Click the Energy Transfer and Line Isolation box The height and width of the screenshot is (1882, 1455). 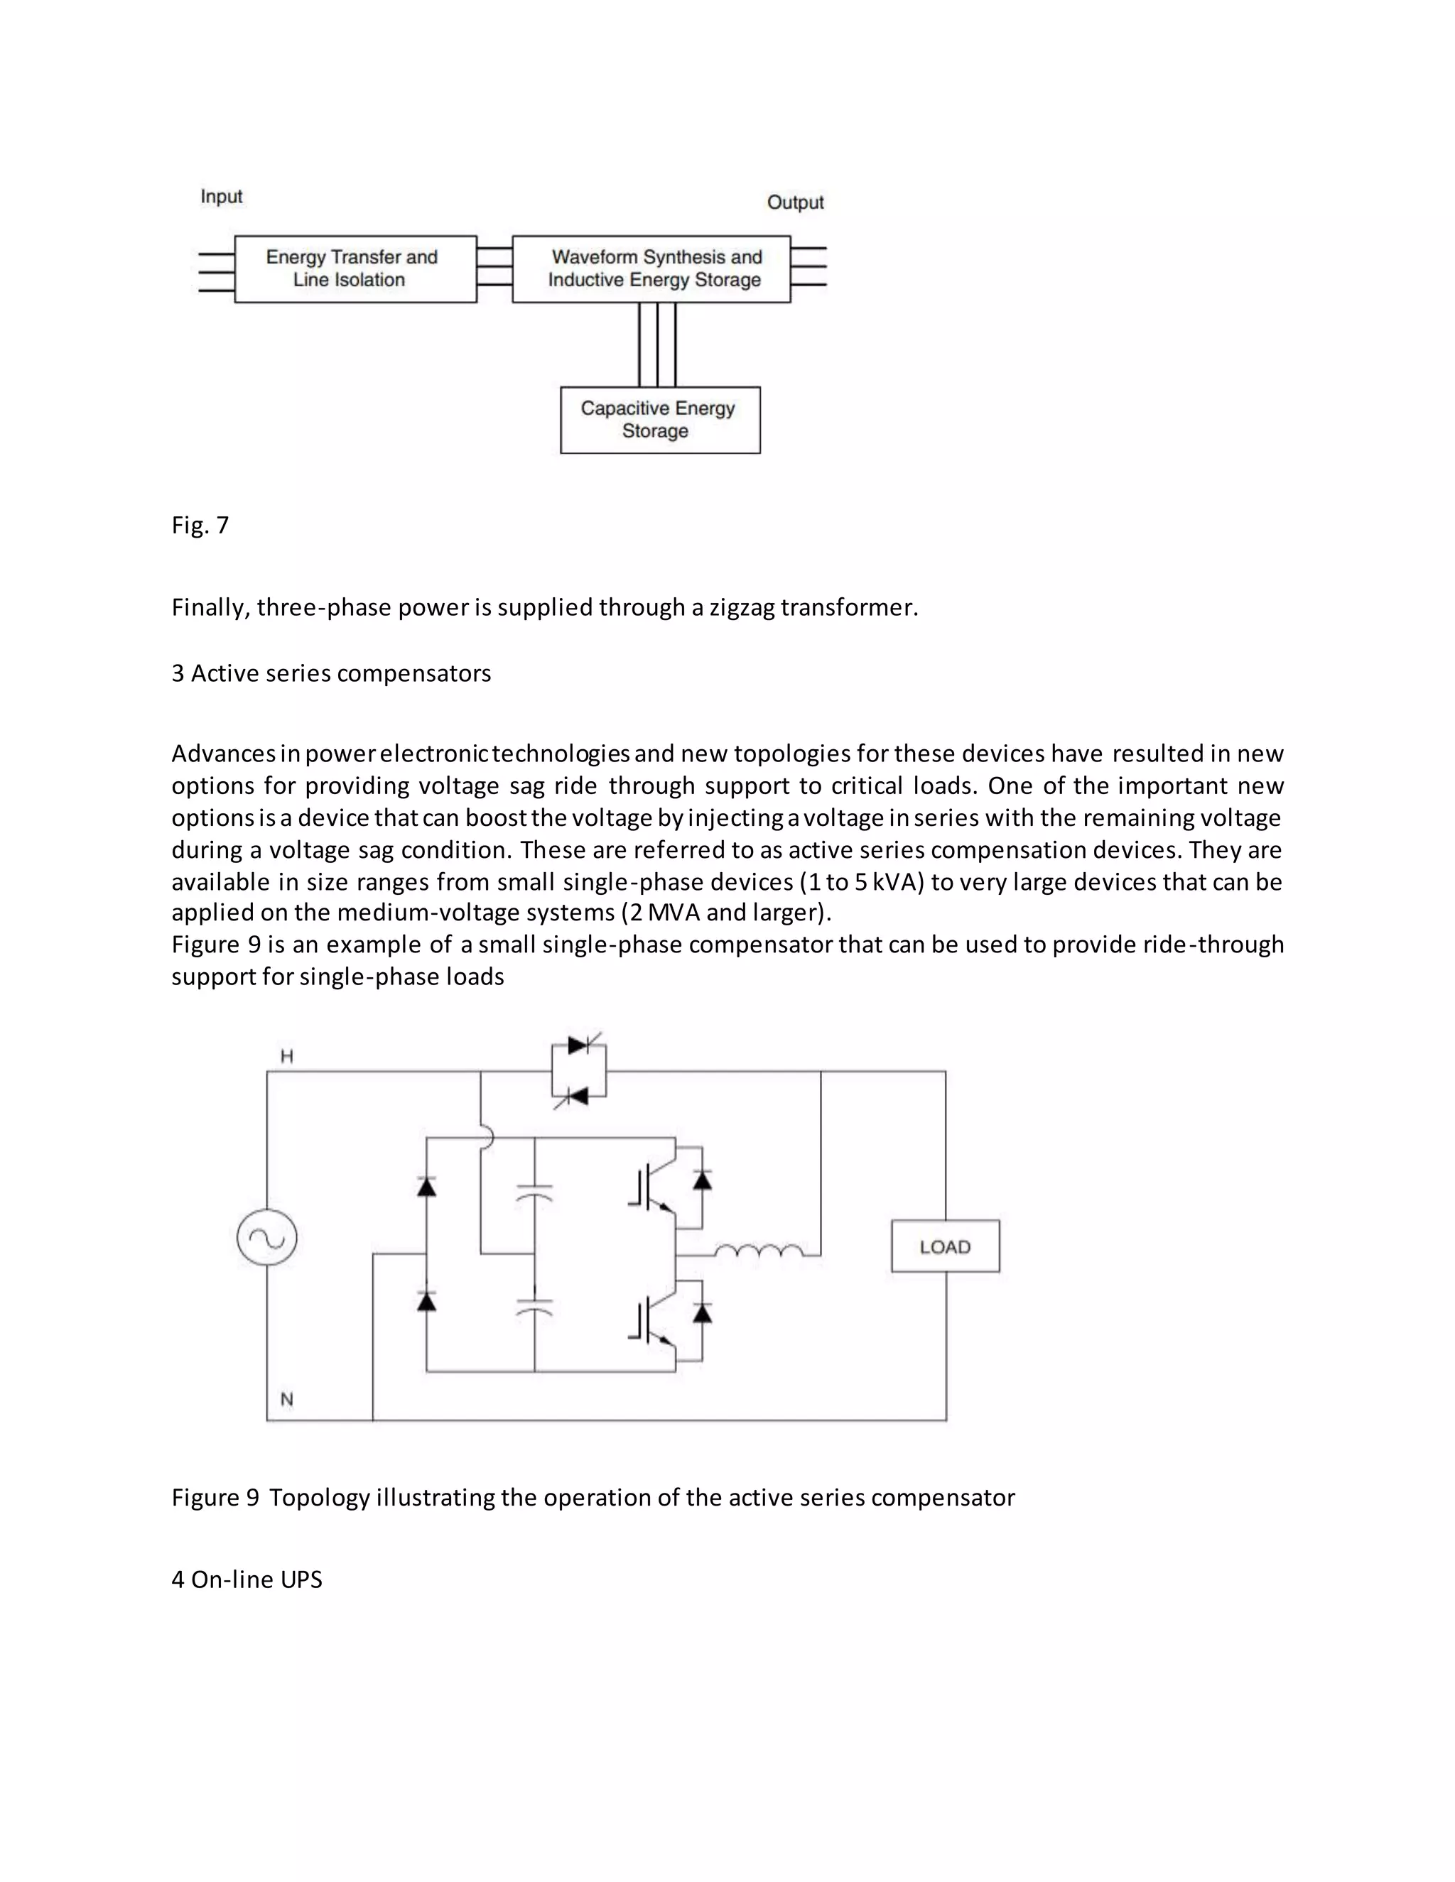(x=355, y=269)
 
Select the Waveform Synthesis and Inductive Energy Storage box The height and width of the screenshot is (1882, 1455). (x=651, y=269)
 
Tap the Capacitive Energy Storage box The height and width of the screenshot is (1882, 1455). (x=659, y=420)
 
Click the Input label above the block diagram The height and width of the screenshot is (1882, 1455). (x=222, y=197)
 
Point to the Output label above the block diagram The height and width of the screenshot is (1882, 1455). (x=795, y=202)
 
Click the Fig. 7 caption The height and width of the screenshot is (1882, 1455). (x=200, y=525)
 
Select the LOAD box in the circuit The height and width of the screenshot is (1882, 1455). (x=945, y=1246)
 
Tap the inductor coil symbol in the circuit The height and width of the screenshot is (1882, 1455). (x=759, y=1251)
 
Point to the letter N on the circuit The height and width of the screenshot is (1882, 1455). (x=287, y=1400)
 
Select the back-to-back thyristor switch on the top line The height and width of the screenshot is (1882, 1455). (x=578, y=1070)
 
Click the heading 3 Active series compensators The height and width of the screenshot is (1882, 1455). (x=331, y=673)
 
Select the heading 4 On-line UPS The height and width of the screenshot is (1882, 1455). (x=247, y=1579)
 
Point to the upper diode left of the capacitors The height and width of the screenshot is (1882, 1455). (x=426, y=1187)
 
